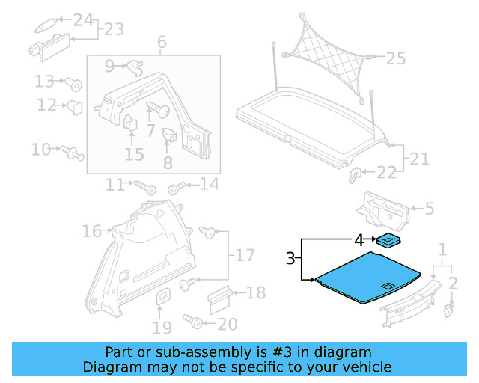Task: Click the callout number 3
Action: pos(290,260)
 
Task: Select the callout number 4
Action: pos(359,240)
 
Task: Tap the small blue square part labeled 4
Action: pos(388,241)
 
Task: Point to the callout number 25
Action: pos(395,57)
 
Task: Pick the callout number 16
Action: pos(91,232)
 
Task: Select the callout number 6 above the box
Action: pos(162,43)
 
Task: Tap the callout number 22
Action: pos(386,173)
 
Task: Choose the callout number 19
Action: pos(162,327)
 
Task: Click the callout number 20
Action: pos(227,323)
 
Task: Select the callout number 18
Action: pos(255,292)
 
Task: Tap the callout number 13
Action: pos(44,81)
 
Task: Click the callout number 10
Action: pos(40,150)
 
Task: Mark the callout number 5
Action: pos(430,209)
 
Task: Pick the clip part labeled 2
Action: pos(450,308)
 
